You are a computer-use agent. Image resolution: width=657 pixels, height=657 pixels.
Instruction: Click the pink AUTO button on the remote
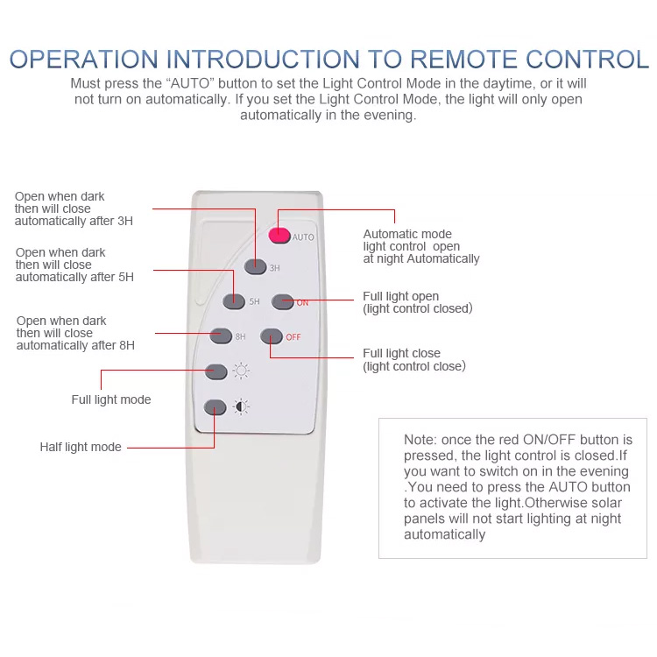279,235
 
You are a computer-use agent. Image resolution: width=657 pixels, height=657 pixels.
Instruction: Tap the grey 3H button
255,267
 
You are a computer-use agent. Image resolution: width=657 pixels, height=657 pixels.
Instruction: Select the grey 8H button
221,335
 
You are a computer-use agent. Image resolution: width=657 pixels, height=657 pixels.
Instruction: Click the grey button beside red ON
281,301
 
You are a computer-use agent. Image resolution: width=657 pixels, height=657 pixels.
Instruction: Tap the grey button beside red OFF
271,336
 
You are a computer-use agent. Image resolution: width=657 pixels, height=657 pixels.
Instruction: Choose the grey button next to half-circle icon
215,407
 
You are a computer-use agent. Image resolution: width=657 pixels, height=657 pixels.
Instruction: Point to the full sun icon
242,371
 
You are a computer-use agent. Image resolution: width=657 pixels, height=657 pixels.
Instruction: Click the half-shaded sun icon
241,406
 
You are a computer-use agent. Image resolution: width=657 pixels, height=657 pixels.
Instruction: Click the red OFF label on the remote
293,336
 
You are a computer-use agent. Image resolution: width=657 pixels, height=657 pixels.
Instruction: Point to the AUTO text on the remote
303,237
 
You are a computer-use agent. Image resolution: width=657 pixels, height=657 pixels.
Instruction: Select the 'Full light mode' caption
111,400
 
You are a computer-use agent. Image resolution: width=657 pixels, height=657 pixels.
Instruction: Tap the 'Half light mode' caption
81,447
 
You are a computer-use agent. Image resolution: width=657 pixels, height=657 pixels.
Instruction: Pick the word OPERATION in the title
84,60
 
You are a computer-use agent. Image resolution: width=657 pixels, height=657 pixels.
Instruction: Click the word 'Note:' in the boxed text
420,439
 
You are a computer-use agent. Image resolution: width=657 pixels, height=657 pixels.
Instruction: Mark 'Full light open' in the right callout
401,297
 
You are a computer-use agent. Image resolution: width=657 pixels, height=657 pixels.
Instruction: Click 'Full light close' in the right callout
402,354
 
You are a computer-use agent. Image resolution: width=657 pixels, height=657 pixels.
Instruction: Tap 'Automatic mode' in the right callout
408,235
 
